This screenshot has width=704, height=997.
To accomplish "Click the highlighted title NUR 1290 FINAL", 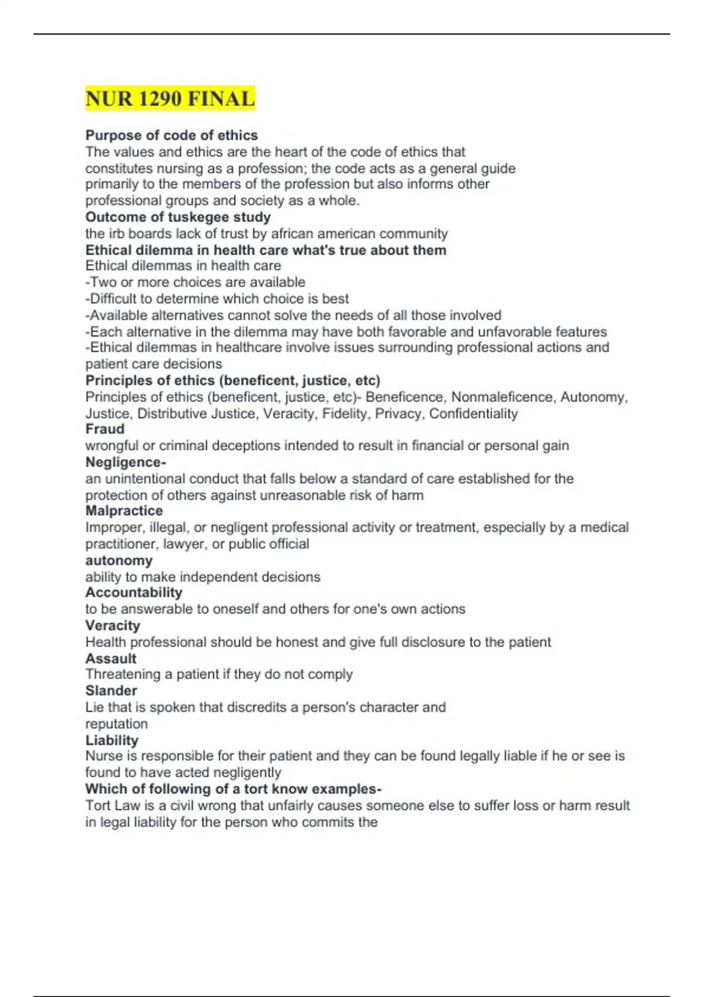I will (x=170, y=99).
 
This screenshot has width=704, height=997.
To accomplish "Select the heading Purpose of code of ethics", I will (x=171, y=135).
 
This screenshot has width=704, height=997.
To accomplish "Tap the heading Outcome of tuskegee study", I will (x=178, y=217).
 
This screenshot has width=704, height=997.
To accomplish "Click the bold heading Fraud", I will (x=105, y=429).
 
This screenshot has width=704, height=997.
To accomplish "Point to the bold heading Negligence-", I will (x=126, y=462).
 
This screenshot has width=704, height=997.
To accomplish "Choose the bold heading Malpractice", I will (x=124, y=511).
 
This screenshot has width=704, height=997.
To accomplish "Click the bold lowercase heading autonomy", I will (x=119, y=560).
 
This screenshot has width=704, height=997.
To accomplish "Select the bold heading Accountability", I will (x=134, y=592).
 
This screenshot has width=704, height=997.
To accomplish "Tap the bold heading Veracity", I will (x=113, y=625).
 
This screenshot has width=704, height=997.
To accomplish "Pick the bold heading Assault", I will (x=111, y=658).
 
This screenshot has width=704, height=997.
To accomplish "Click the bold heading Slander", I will (x=111, y=690).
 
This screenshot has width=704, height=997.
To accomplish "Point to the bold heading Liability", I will (x=111, y=740).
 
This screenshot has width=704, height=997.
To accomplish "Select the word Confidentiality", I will (x=473, y=413).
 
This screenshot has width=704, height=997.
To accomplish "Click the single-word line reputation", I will (x=116, y=724).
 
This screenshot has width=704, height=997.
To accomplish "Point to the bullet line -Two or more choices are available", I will (x=195, y=282).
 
